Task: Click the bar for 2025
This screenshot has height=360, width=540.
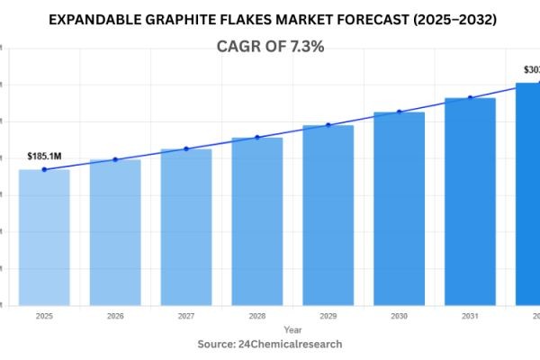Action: [x=44, y=237]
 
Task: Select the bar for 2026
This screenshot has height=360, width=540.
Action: [x=115, y=232]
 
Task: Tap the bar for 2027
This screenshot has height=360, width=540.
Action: [x=186, y=227]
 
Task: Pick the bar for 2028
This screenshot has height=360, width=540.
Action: [x=257, y=220]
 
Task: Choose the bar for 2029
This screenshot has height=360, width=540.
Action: [x=328, y=215]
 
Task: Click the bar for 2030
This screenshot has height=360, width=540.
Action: [x=400, y=208]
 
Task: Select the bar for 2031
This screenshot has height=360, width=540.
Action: [x=470, y=201]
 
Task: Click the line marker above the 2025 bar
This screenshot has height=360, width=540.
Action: [x=44, y=169]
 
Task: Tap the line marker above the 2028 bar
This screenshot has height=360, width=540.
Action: [x=257, y=137]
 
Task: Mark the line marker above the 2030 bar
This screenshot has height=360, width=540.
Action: [x=400, y=112]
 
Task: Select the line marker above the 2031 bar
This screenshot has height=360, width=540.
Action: [x=470, y=97]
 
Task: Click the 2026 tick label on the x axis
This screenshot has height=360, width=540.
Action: [x=115, y=317]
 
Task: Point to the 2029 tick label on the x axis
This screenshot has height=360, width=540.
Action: [x=328, y=317]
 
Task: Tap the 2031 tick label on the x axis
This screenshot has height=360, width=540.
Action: [x=470, y=317]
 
